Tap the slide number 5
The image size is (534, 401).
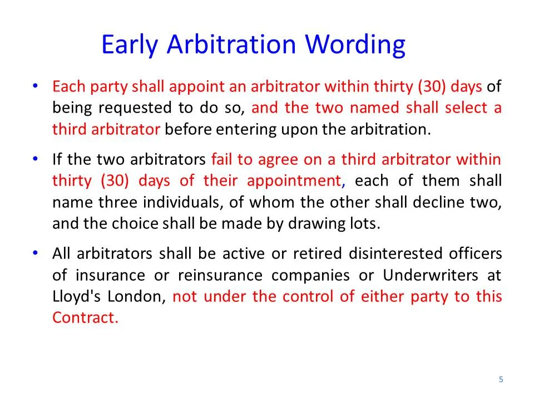pyautogui.click(x=501, y=379)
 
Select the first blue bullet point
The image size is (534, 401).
pyautogui.click(x=35, y=86)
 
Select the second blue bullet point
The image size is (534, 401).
pyautogui.click(x=35, y=159)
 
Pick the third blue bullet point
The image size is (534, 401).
pyautogui.click(x=35, y=253)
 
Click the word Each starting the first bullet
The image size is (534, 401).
pyautogui.click(x=65, y=87)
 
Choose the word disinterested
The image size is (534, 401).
pyautogui.click(x=395, y=254)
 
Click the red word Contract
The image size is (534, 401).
pyautogui.click(x=85, y=318)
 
